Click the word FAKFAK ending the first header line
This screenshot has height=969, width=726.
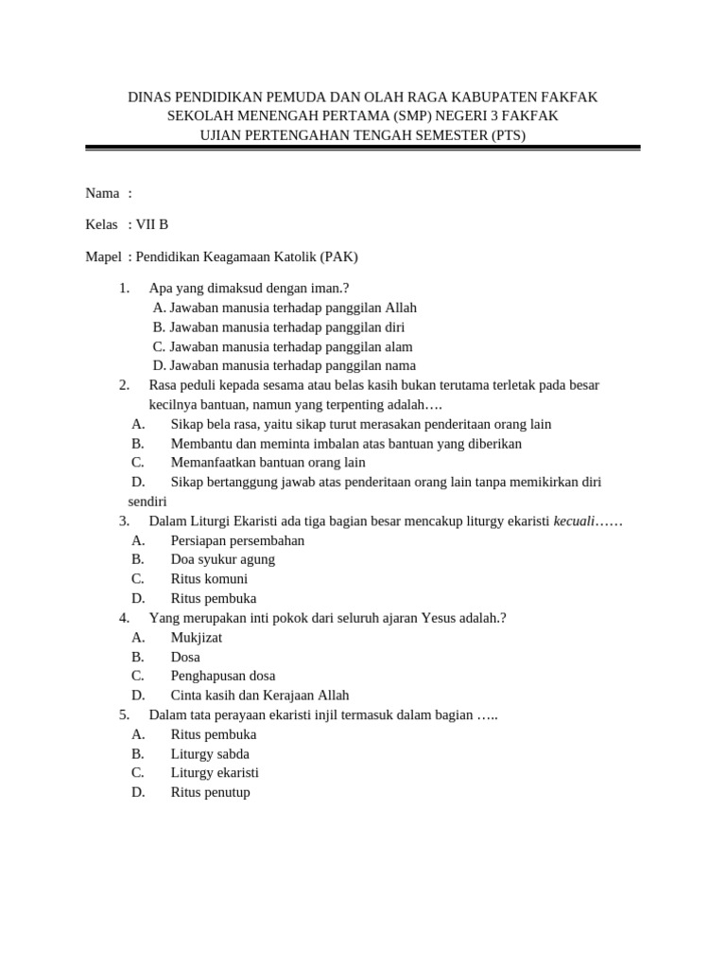pos(569,97)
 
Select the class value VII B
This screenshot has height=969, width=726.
pos(152,224)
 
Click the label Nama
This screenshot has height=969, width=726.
pos(102,193)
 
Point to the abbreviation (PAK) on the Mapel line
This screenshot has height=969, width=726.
pos(338,256)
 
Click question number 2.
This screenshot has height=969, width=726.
pos(124,385)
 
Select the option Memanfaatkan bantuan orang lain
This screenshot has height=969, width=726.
pos(268,463)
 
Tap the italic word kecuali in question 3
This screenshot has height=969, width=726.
pos(574,521)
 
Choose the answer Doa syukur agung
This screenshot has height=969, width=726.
pos(223,559)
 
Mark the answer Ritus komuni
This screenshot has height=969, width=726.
pos(209,578)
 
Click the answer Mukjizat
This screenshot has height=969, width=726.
pos(197,637)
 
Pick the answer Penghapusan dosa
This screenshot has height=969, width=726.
pos(223,676)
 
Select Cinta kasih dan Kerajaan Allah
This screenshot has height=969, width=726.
pos(247,695)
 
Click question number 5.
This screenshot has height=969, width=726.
pos(124,714)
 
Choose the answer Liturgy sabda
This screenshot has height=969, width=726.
pos(210,753)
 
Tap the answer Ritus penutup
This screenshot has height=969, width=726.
pos(210,792)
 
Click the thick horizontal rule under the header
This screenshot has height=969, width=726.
pos(363,148)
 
